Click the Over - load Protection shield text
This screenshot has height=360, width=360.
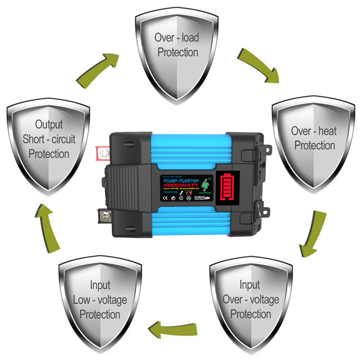coord(177,45)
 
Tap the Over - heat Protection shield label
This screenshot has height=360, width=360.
coord(314,138)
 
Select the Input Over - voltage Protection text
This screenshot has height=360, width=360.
coord(250,299)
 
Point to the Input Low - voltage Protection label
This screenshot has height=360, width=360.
coord(100,300)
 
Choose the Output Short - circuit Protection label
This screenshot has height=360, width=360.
coord(49,139)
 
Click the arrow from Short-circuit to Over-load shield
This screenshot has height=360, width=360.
coord(98,69)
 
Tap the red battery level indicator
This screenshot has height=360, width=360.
coord(227,188)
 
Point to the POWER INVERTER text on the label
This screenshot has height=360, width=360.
coord(180,180)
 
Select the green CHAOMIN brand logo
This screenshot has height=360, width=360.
coord(205,186)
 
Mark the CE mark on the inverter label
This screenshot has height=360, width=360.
coord(166,198)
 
